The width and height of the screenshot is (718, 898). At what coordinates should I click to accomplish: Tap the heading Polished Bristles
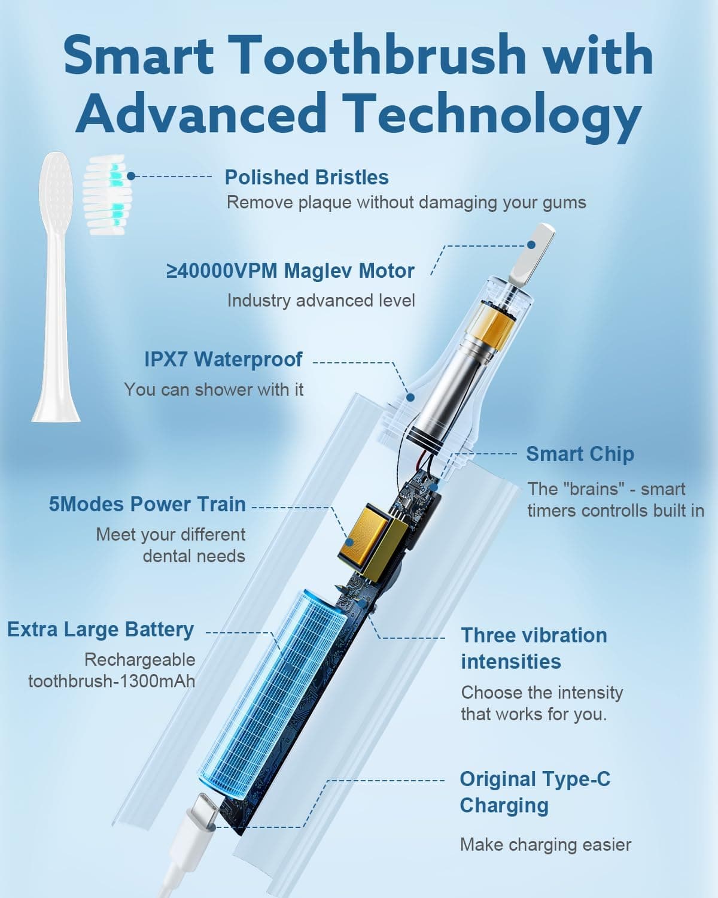306,177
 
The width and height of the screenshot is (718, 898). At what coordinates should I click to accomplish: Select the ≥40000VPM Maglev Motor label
290,271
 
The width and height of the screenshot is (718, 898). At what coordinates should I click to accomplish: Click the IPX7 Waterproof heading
223,359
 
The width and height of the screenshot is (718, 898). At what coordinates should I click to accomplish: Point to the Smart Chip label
580,454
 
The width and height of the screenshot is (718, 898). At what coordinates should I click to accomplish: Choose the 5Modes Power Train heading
147,504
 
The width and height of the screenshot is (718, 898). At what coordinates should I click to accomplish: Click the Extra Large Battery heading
101,629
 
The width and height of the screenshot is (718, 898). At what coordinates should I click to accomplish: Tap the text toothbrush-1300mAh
112,681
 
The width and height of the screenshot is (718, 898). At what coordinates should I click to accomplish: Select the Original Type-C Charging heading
535,792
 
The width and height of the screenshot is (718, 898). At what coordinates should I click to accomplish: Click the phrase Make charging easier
546,845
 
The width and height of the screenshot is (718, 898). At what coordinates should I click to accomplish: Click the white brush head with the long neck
56,287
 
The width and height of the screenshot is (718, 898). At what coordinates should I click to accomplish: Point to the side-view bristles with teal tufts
107,194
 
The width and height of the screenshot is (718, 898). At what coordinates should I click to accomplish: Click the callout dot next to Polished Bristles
131,176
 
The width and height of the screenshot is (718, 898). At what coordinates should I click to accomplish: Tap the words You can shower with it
214,390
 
